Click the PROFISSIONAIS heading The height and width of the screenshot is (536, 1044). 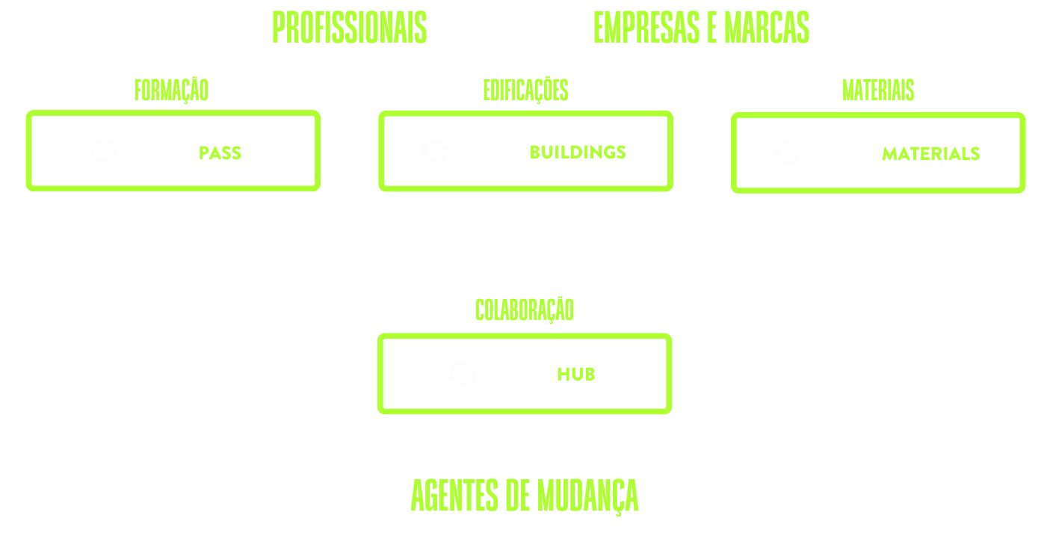click(x=349, y=28)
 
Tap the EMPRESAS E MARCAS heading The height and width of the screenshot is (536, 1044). click(x=701, y=28)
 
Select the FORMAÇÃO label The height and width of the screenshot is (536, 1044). click(x=171, y=90)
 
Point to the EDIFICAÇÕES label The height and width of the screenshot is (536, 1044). click(x=525, y=90)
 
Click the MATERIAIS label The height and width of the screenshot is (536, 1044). click(x=878, y=90)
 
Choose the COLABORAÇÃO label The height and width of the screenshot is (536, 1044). click(x=525, y=309)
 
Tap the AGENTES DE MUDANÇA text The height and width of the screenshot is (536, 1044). click(x=525, y=495)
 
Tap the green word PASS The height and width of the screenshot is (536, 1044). click(x=220, y=153)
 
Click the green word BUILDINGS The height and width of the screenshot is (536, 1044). click(x=578, y=153)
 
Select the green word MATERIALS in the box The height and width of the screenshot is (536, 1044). click(x=931, y=153)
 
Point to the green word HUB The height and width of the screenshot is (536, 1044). click(x=575, y=375)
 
